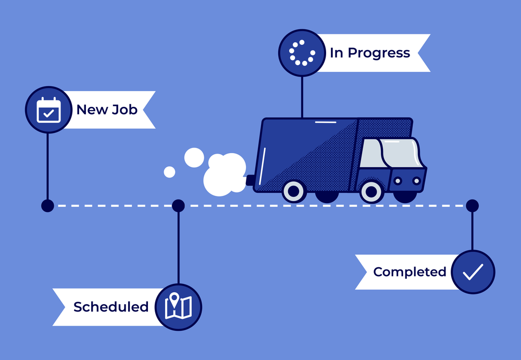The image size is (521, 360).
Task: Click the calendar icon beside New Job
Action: pos(48,110)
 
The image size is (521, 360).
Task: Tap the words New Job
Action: pos(107,109)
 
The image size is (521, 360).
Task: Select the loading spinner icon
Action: pos(302,53)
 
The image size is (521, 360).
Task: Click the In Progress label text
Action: pos(370,53)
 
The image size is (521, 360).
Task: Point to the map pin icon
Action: pos(178,307)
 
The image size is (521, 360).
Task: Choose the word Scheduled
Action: pos(111,307)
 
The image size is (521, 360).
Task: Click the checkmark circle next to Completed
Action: pos(473,271)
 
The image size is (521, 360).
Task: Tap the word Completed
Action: pos(410,272)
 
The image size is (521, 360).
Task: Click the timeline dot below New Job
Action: pos(47,206)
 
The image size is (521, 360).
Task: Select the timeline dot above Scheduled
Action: pos(178,206)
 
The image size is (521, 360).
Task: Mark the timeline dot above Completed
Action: pos(472,206)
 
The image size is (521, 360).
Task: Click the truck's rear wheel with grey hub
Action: pos(294,191)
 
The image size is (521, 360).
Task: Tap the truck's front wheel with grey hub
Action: pos(371,192)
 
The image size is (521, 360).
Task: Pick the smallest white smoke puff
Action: pos(169,171)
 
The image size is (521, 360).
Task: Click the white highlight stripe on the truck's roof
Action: pos(326,122)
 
